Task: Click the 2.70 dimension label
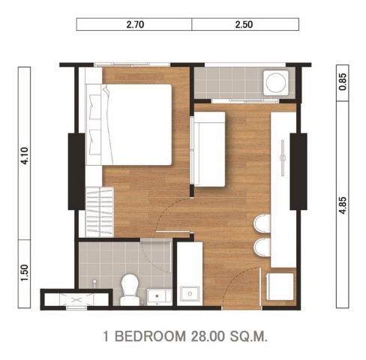(x=135, y=25)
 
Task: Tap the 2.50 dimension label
(x=244, y=25)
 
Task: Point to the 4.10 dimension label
(x=25, y=156)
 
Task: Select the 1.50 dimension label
(x=25, y=273)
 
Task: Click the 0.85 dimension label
(x=343, y=82)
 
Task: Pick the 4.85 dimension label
(x=343, y=205)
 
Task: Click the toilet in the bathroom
(x=130, y=289)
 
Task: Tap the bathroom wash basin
(x=159, y=297)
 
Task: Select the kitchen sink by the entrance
(x=190, y=293)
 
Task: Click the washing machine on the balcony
(x=276, y=82)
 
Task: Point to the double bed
(x=129, y=124)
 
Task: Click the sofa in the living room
(x=208, y=149)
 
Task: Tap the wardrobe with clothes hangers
(x=100, y=211)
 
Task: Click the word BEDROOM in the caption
(x=151, y=336)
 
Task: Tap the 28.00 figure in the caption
(x=208, y=336)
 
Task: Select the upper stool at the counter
(x=262, y=223)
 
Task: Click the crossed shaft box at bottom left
(x=76, y=299)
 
